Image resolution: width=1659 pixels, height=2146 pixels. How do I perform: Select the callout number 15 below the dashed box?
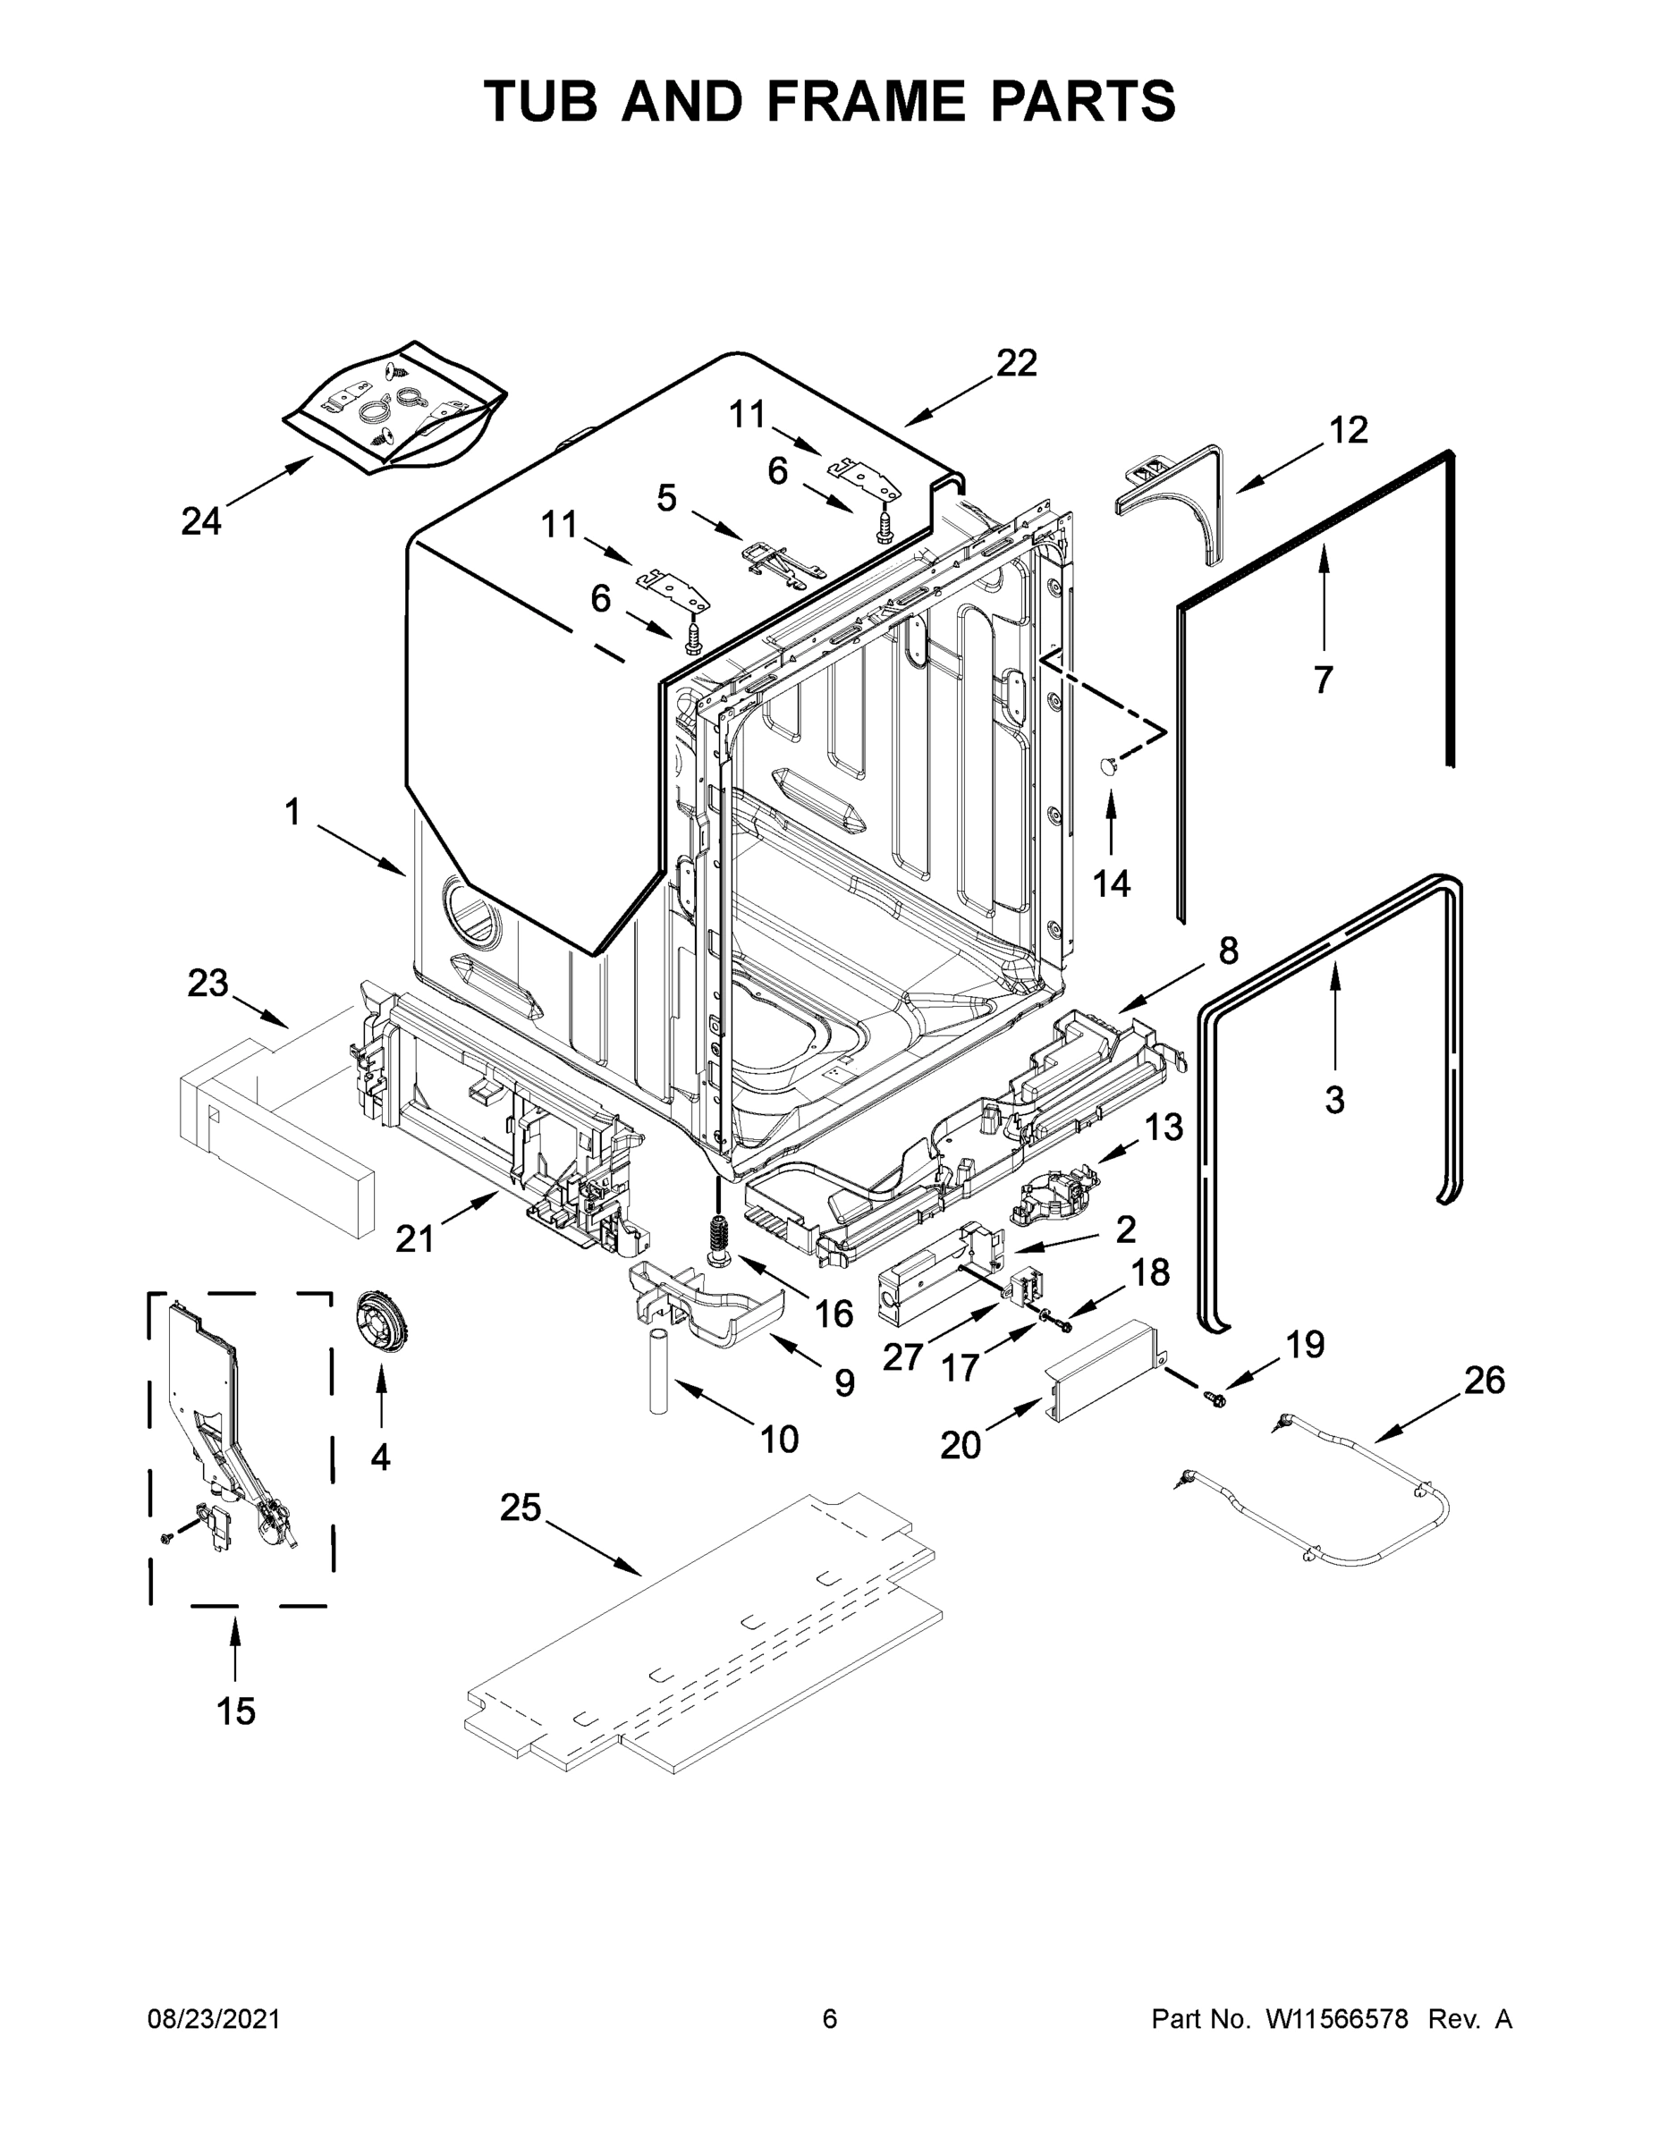pos(236,1711)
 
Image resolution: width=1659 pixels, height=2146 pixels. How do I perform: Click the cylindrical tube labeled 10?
pos(657,1371)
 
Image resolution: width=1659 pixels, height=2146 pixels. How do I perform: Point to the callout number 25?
pos(520,1507)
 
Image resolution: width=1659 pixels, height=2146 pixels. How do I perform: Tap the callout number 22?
pos(1016,364)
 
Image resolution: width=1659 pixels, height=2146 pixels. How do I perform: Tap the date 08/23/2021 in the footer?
pos(213,2019)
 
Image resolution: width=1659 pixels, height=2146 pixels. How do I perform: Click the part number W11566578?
pos(1337,2019)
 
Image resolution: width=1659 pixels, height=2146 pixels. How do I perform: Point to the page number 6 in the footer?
pos(830,2019)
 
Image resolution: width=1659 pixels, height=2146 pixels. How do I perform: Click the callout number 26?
pos(1484,1380)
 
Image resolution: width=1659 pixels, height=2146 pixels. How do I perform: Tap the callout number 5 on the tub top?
pos(666,498)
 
